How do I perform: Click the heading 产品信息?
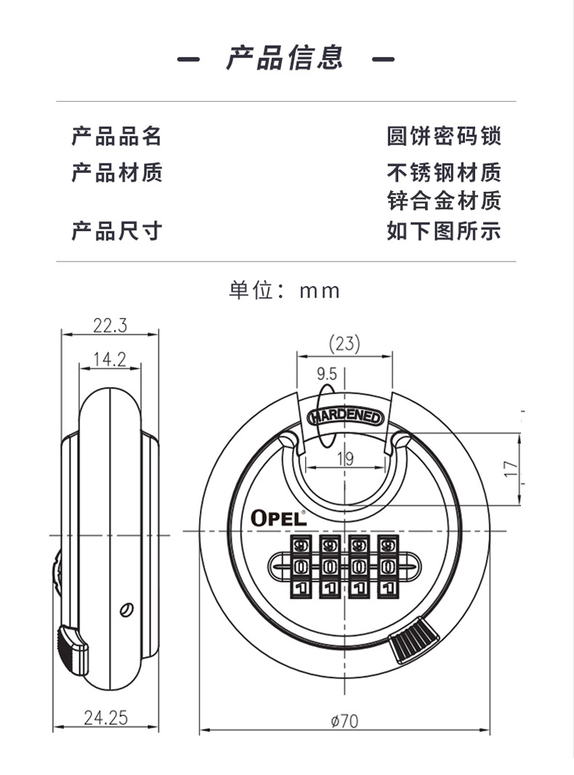(x=285, y=57)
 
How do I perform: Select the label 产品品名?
(x=117, y=137)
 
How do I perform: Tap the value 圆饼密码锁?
(x=444, y=137)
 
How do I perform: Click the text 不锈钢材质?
(x=444, y=173)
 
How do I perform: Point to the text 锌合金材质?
(x=444, y=200)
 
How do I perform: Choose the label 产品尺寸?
(x=117, y=231)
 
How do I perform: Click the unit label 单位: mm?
(x=284, y=291)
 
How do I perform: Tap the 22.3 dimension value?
(x=110, y=325)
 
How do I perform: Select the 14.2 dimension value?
(x=110, y=360)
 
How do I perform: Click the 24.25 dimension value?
(x=106, y=718)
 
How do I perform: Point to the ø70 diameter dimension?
(x=344, y=721)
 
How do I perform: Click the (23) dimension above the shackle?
(x=344, y=344)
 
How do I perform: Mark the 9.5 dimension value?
(x=327, y=374)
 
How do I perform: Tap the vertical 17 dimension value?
(x=511, y=468)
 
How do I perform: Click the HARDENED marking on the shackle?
(x=345, y=417)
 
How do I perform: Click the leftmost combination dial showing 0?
(x=300, y=567)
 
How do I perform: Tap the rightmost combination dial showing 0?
(x=388, y=567)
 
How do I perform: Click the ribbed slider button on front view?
(x=414, y=640)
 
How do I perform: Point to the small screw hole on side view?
(x=127, y=610)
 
